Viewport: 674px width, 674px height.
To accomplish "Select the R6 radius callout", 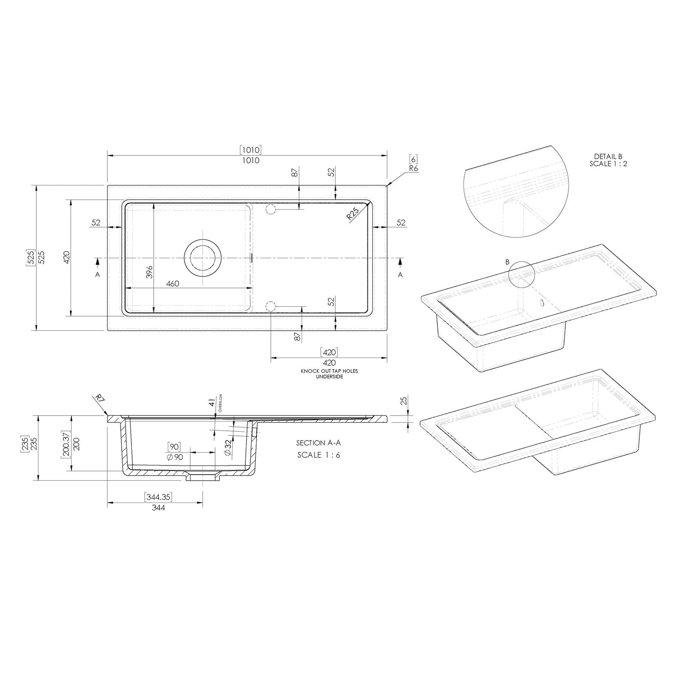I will tap(413, 168).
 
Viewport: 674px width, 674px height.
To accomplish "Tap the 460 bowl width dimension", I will tap(173, 284).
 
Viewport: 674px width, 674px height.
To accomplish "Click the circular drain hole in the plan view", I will tap(203, 258).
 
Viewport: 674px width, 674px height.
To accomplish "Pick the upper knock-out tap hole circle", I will tap(270, 209).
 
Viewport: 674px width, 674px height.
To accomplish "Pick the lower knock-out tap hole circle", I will tap(270, 307).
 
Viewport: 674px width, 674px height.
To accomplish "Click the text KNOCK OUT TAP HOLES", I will tap(329, 371).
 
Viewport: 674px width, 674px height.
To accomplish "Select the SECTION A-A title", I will tap(318, 443).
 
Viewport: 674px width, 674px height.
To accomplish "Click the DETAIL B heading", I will tap(608, 156).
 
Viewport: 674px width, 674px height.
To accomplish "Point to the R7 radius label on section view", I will tap(99, 399).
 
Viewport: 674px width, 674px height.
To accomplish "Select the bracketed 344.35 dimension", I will tap(158, 497).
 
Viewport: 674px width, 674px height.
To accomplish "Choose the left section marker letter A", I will tap(98, 274).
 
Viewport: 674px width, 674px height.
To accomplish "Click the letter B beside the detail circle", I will tap(508, 262).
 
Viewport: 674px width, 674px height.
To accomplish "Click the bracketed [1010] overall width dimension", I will tap(251, 150).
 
